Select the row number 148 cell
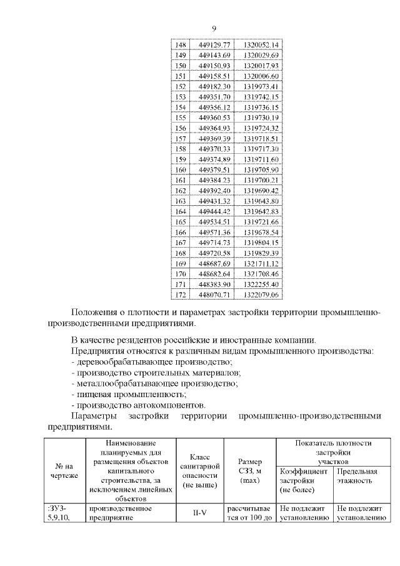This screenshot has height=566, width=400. (x=181, y=45)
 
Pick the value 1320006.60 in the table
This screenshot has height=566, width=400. (x=261, y=76)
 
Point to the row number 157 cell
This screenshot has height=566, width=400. (x=181, y=138)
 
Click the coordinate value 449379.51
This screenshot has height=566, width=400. (x=214, y=169)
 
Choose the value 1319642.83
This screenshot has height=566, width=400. (x=261, y=211)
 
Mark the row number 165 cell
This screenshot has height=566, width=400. (x=181, y=221)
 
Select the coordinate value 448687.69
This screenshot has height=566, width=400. (x=214, y=263)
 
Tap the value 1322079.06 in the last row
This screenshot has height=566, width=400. (x=261, y=295)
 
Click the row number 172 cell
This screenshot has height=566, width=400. (x=181, y=295)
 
